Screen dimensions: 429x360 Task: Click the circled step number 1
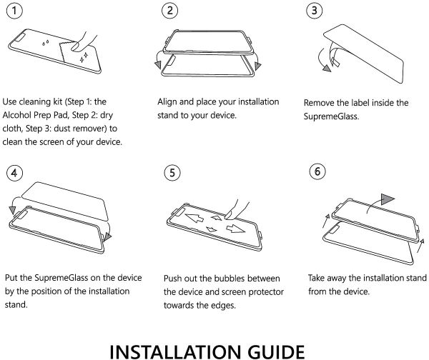tap(14, 11)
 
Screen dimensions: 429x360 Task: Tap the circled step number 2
tap(170, 11)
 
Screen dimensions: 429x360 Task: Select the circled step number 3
tap(315, 11)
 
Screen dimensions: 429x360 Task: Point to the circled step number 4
tap(14, 172)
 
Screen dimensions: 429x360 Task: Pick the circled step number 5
tap(172, 172)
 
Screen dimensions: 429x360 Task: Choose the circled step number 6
tap(317, 171)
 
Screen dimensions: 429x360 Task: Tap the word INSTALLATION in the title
tap(175, 352)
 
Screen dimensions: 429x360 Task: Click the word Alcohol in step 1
tap(16, 115)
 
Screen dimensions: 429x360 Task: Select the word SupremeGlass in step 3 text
tap(331, 116)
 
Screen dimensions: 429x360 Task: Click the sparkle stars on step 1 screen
tap(84, 58)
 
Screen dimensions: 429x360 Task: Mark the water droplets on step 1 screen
tap(45, 43)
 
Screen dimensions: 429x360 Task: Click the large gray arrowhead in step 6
tap(387, 199)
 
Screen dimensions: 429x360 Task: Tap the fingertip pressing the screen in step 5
tap(230, 215)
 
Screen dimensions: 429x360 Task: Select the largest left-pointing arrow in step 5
tap(194, 218)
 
